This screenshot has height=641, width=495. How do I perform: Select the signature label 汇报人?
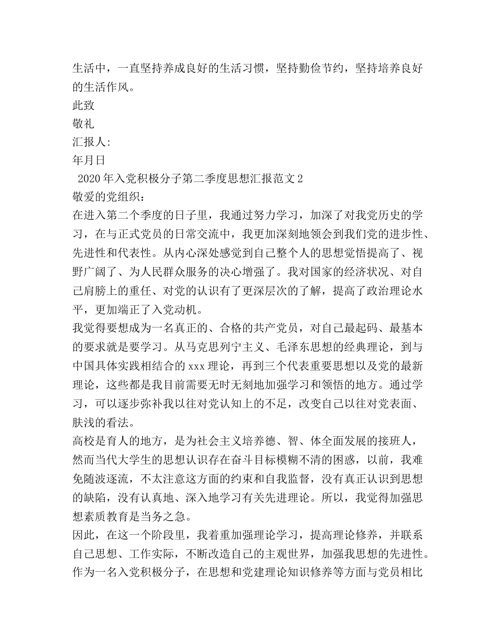point(89,142)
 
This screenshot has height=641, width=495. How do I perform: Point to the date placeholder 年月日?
point(89,160)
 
